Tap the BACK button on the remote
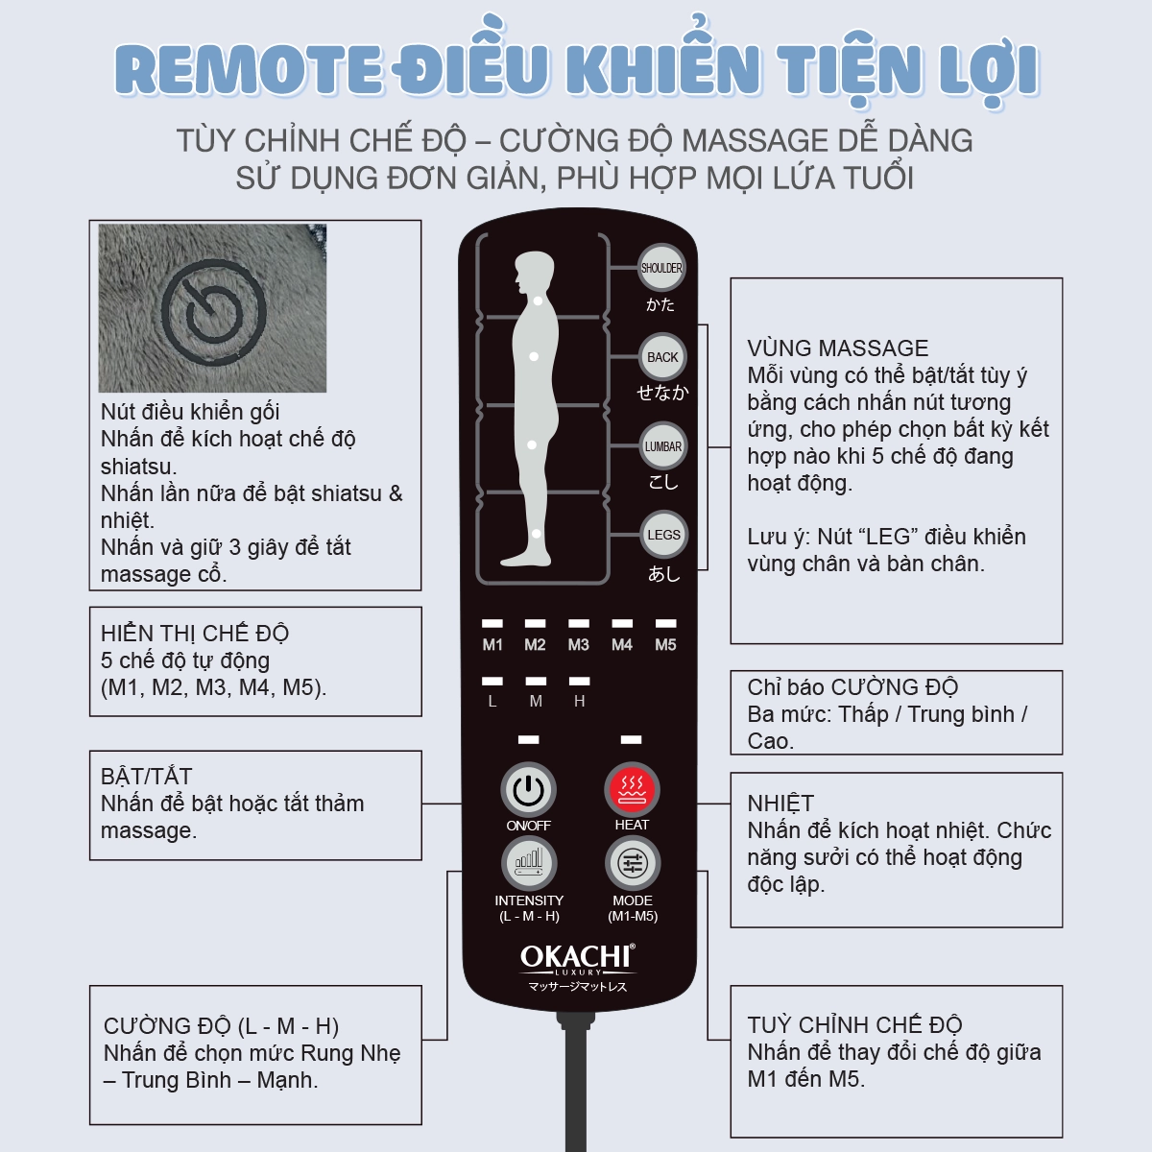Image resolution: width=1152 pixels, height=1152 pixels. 662,357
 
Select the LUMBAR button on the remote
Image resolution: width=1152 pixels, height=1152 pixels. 662,446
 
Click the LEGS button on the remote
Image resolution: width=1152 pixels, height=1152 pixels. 663,535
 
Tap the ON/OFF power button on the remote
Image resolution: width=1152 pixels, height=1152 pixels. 528,790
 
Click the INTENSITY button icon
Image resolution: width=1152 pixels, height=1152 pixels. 529,863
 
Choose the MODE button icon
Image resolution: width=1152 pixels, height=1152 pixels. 632,863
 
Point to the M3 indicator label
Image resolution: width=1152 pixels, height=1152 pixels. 578,645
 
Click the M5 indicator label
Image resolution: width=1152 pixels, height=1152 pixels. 665,645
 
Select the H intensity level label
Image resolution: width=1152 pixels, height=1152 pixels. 579,702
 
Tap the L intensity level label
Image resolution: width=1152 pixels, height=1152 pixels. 492,702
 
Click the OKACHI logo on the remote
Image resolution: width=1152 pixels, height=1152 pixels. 577,958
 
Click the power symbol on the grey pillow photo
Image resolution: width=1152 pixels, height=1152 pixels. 213,307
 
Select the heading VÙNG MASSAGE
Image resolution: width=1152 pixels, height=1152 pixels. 837,348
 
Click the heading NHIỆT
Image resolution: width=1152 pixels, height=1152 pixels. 780,804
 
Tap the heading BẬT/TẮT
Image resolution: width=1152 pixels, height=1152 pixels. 146,777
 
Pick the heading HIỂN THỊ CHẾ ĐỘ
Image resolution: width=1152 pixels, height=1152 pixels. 194,634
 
